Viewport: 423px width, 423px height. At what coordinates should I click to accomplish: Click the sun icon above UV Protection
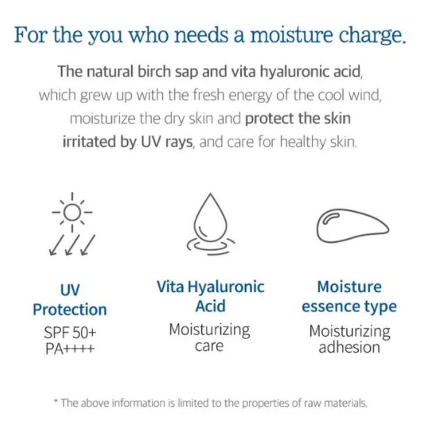(x=72, y=213)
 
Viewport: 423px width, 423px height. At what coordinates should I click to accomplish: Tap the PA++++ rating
(x=69, y=350)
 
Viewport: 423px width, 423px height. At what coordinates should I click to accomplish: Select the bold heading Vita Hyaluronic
(x=210, y=286)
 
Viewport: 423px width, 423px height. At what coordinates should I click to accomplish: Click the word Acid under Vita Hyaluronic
(x=210, y=306)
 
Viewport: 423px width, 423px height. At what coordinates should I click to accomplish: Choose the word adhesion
(x=350, y=347)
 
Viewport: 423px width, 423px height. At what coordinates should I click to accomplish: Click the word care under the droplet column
(x=210, y=346)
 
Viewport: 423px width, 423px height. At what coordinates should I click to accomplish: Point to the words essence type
(x=349, y=306)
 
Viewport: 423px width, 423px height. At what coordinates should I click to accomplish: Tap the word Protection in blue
(x=70, y=309)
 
